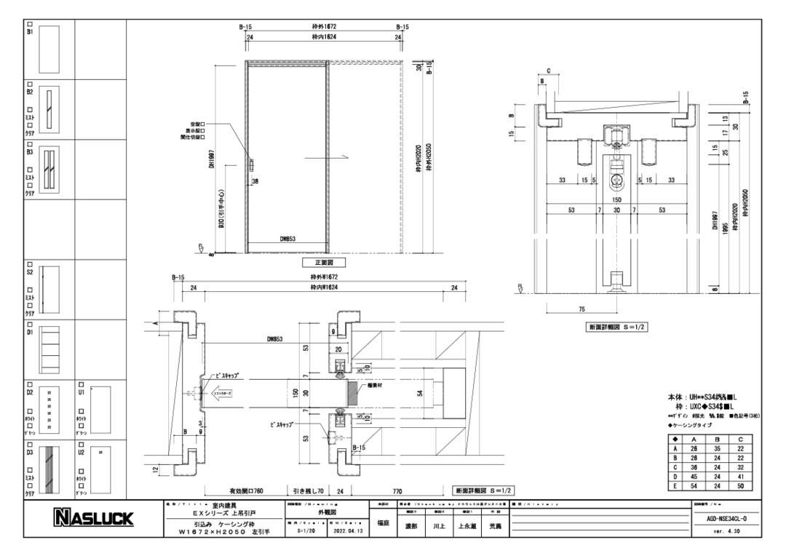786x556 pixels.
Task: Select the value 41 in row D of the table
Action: click(x=740, y=475)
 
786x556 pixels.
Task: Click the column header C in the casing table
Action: click(x=740, y=440)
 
